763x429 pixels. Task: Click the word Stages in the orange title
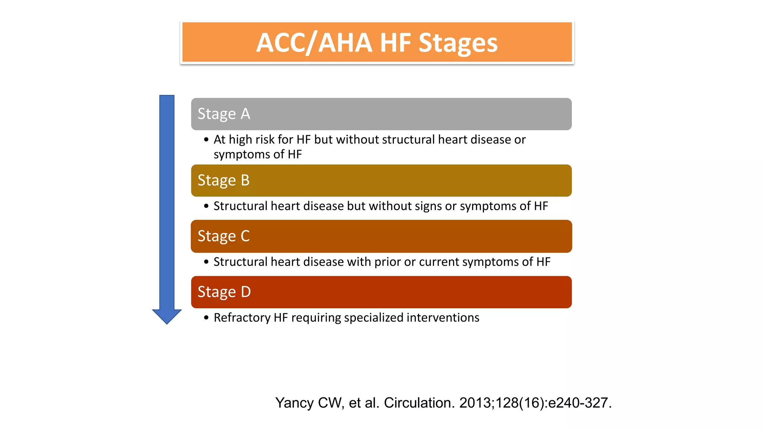coord(458,43)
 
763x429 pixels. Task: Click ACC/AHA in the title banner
coord(314,43)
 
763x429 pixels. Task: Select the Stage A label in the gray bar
coord(224,114)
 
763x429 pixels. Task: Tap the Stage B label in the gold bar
coord(223,181)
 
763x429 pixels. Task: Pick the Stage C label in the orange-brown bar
coord(223,236)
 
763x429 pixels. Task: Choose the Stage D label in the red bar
coord(224,292)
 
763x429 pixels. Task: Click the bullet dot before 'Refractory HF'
coord(206,318)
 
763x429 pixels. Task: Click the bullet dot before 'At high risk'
coord(206,140)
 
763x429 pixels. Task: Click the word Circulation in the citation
coord(418,403)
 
